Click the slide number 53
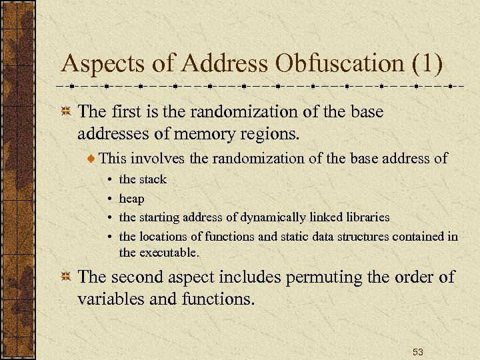pos(417,351)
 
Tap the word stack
pos(153,179)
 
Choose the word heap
pos(131,199)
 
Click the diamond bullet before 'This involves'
pos(92,159)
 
